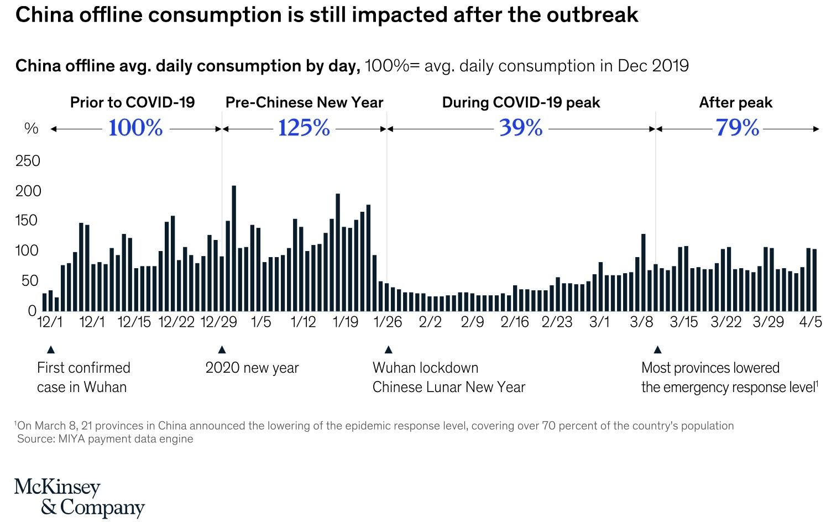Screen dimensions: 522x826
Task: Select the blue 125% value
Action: (304, 128)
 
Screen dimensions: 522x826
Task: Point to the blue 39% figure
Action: (521, 128)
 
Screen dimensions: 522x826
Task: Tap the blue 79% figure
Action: (738, 128)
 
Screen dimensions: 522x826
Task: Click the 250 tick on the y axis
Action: (28, 161)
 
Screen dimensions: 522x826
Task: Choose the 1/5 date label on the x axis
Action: (261, 322)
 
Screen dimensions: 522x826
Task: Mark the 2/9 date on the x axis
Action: (472, 322)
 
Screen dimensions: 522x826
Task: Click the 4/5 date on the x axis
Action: (811, 322)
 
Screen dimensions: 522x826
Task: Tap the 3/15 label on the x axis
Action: (684, 322)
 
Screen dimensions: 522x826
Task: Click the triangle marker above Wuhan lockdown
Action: (388, 349)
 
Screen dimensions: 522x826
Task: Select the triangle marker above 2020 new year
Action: (222, 349)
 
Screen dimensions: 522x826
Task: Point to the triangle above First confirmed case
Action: (51, 349)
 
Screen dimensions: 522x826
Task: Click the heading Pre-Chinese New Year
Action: (304, 103)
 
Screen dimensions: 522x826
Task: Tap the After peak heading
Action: (735, 103)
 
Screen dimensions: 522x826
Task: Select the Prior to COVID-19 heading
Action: (132, 103)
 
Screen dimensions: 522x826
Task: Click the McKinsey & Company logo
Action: (79, 497)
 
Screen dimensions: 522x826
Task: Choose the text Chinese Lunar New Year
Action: (448, 387)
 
